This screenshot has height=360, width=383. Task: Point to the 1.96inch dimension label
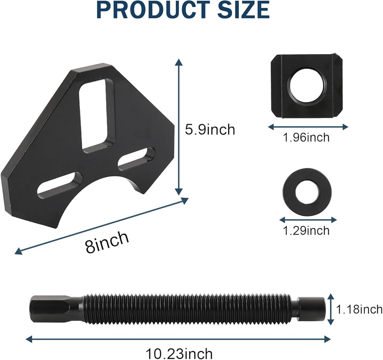coord(306,138)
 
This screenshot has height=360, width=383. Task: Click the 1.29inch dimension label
coord(306,230)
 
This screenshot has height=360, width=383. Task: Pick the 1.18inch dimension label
coord(359,309)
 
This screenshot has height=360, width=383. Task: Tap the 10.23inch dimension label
coord(179,353)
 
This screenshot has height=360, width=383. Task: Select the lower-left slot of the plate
coord(59,185)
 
